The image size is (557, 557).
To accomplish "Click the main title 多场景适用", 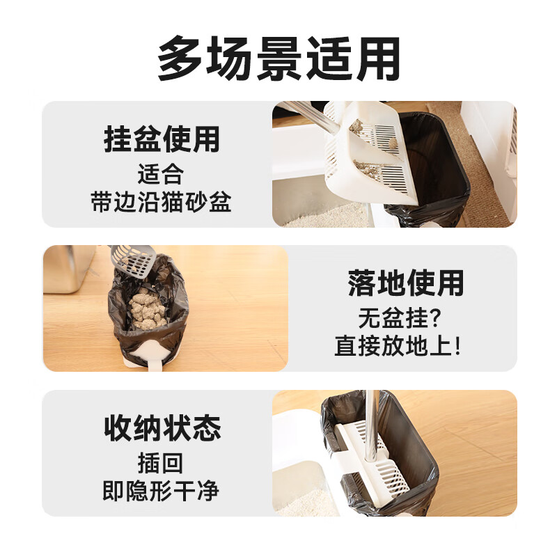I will pyautogui.click(x=278, y=58).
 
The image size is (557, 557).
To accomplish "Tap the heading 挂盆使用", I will pyautogui.click(x=161, y=139).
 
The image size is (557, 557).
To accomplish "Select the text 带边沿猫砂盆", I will pyautogui.click(x=161, y=203).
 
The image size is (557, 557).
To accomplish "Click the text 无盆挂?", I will pyautogui.click(x=402, y=318).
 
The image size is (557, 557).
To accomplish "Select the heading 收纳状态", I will pyautogui.click(x=162, y=427).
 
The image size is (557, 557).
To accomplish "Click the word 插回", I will pyautogui.click(x=161, y=462).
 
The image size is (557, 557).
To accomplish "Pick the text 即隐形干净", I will pyautogui.click(x=161, y=491).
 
